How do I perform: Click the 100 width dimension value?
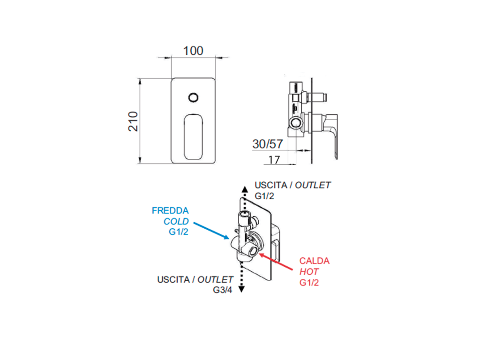pos(193,51)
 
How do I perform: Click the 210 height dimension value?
pos(133,121)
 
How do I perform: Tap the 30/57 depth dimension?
pos(268,144)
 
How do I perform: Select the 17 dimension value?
pos(274,160)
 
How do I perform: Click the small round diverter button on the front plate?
pos(194,97)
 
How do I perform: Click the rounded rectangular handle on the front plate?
pos(194,137)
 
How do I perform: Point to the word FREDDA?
pos(170,210)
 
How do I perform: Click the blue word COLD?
pos(176,221)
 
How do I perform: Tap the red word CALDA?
pos(315,261)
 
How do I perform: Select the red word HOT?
pos(309,271)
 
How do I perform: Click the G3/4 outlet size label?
pos(223,290)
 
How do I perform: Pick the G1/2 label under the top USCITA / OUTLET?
pos(264,196)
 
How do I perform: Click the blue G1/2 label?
pos(179,232)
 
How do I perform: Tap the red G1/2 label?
pos(309,282)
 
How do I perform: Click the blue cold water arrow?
pos(211,231)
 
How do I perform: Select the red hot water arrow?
pos(276,262)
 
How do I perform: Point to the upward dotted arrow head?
pos(244,189)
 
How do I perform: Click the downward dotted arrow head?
pos(241,289)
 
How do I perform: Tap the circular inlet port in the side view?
pos(296,123)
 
